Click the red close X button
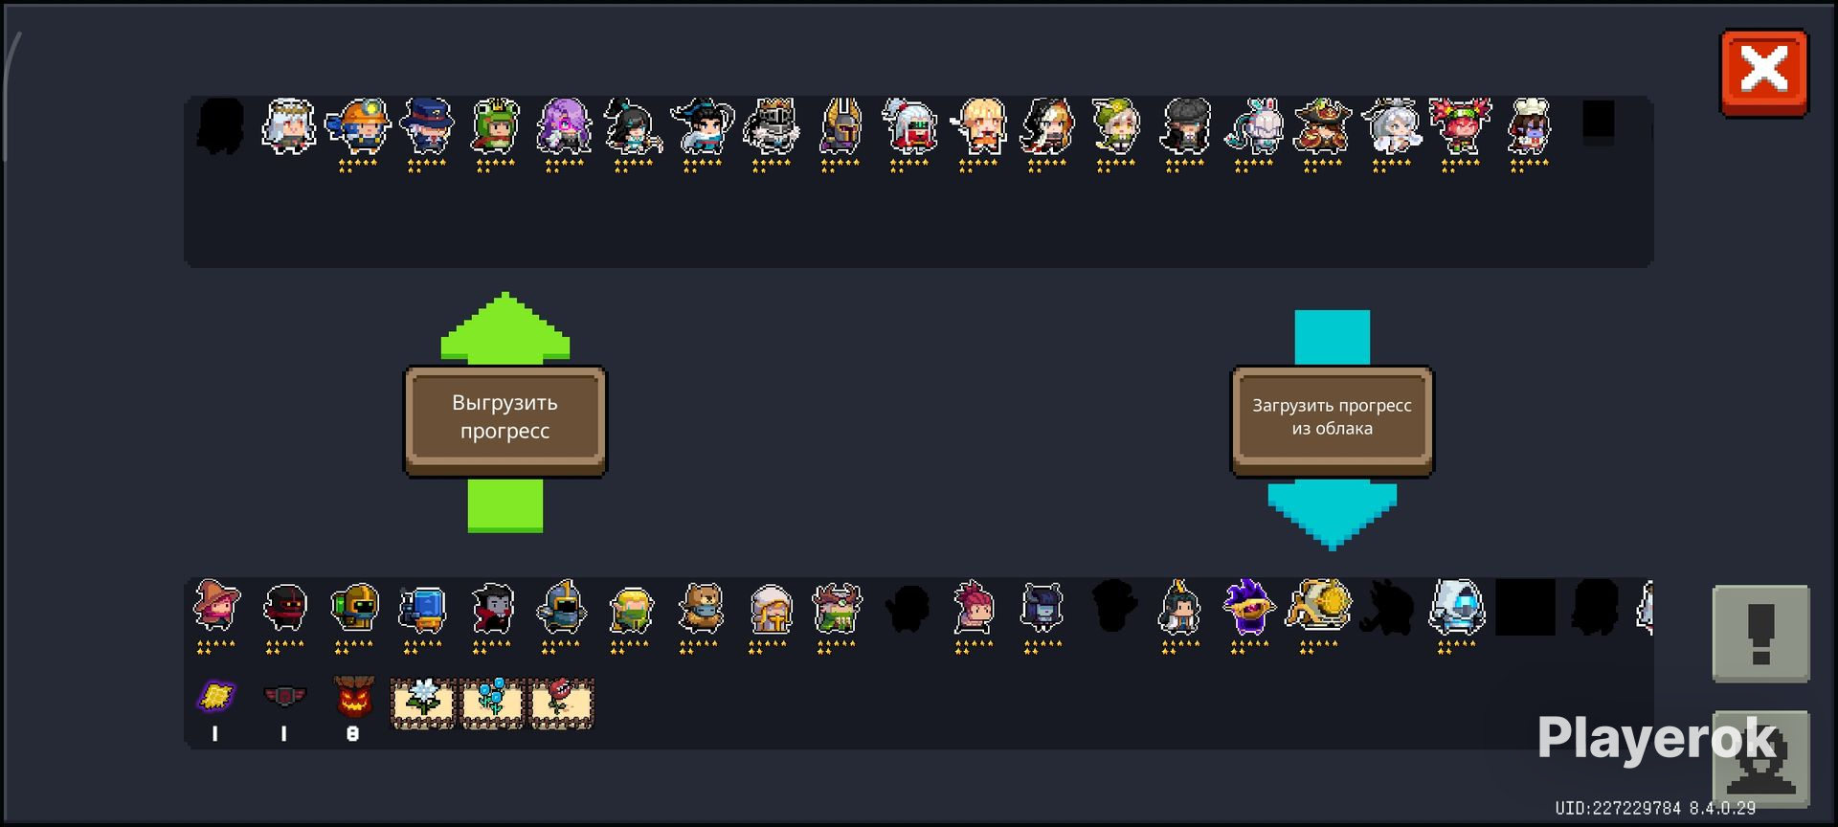pos(1763,73)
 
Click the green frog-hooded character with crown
pos(495,125)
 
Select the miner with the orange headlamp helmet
pos(358,125)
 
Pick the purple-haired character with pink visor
pos(564,125)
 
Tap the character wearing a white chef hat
pos(1529,125)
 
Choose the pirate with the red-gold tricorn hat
pos(1322,125)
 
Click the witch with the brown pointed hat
pos(216,606)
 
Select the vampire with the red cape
pos(493,608)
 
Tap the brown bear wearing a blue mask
pos(700,608)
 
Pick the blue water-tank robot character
pos(423,608)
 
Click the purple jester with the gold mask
pos(1249,608)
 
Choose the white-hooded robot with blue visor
pos(1456,608)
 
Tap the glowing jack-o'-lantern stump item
pos(353,698)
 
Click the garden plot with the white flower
pos(423,704)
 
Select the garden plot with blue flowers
pos(492,704)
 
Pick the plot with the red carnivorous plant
pos(561,704)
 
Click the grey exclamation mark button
pos(1760,633)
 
